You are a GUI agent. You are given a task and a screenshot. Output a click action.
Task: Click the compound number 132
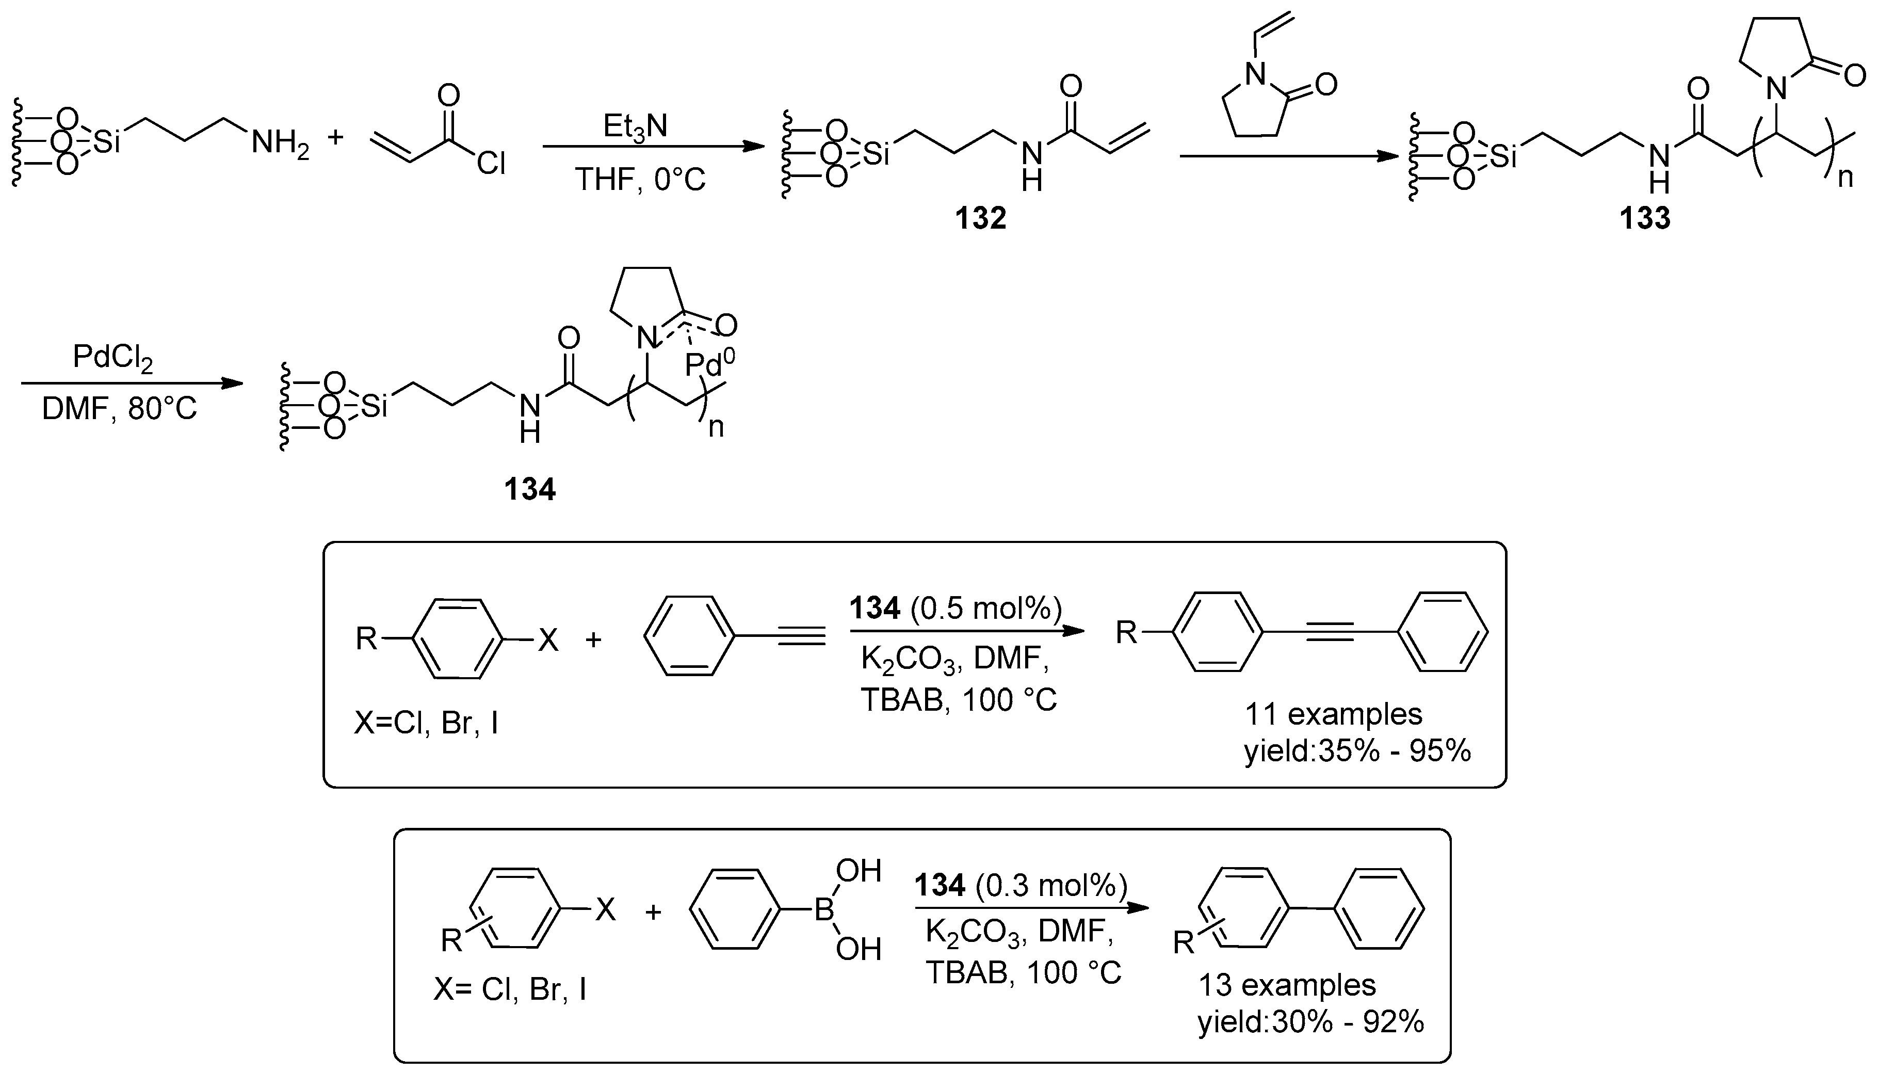tap(980, 219)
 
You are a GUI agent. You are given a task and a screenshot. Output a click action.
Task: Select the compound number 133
tap(1645, 219)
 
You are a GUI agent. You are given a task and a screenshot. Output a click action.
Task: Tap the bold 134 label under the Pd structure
tap(529, 490)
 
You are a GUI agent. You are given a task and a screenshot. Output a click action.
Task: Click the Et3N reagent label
tap(635, 126)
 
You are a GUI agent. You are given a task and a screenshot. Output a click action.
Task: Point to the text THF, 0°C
tap(640, 180)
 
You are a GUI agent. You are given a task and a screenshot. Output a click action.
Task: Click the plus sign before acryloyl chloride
tap(335, 137)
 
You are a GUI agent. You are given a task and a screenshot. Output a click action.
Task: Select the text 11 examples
tap(1333, 714)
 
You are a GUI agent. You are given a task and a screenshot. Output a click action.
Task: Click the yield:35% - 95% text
tap(1357, 751)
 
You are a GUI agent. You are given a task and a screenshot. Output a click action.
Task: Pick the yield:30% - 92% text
tap(1310, 1022)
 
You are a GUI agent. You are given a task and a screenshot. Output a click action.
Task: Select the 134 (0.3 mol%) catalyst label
tap(1021, 886)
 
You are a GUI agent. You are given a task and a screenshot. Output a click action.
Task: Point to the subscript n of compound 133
tap(1845, 178)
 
